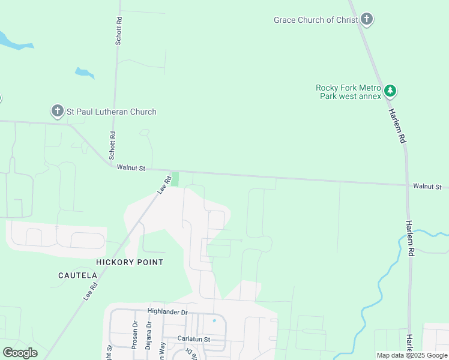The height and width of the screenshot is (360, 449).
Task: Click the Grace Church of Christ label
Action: pyautogui.click(x=316, y=20)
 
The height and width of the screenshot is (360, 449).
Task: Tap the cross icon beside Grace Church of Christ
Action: pyautogui.click(x=367, y=20)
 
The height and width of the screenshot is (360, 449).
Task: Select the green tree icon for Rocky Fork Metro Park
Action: pyautogui.click(x=391, y=91)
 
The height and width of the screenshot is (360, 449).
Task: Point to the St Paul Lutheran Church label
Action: pyautogui.click(x=111, y=112)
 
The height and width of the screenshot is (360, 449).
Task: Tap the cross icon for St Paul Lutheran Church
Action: pyautogui.click(x=57, y=111)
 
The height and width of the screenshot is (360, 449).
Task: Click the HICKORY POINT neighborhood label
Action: pyautogui.click(x=130, y=262)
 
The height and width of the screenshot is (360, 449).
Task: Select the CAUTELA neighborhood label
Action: pyautogui.click(x=77, y=275)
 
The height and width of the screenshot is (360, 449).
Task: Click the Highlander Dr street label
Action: pyautogui.click(x=167, y=312)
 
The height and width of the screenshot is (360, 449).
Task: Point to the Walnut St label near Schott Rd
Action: pyautogui.click(x=131, y=169)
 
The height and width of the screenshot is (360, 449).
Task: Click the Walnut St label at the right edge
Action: pyautogui.click(x=427, y=187)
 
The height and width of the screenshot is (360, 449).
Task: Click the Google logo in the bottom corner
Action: pyautogui.click(x=20, y=353)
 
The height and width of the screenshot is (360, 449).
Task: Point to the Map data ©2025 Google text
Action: pyautogui.click(x=412, y=355)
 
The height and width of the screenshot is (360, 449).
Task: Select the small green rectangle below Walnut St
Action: pyautogui.click(x=175, y=179)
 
